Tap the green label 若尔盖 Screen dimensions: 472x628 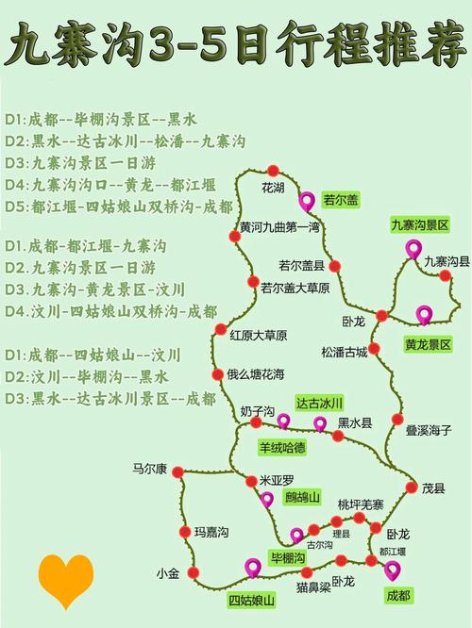tap(341, 200)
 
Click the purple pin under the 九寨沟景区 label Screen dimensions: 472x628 tap(413, 249)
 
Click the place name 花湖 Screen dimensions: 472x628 tap(273, 188)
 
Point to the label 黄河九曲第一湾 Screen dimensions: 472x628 tap(279, 227)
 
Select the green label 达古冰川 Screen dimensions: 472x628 tap(320, 403)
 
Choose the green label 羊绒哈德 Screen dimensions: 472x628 tap(281, 445)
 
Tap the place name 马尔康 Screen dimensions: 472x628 tap(149, 468)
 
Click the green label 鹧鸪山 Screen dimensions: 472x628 tap(303, 497)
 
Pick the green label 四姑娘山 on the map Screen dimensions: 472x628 tap(251, 600)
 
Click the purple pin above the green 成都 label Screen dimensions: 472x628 tap(392, 569)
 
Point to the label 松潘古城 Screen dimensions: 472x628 tap(344, 353)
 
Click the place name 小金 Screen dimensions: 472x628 tap(167, 573)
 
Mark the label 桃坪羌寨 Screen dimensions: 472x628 tap(361, 504)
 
